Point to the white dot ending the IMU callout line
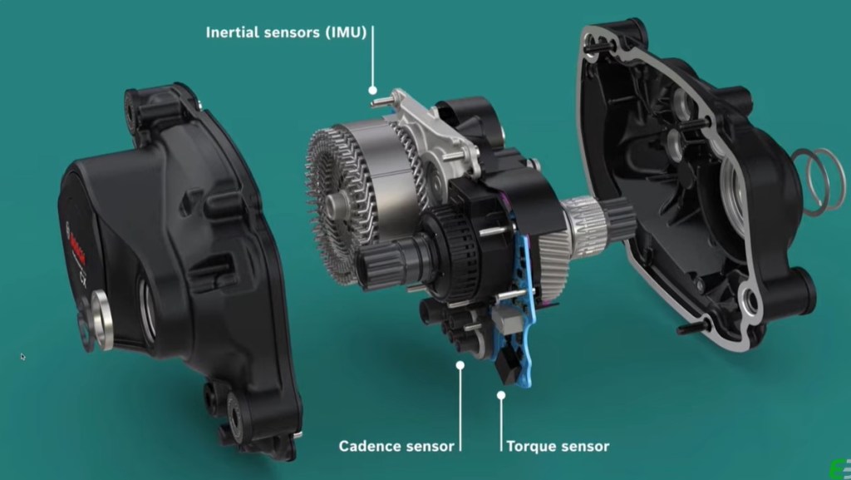tap(373, 90)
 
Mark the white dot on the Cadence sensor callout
tap(460, 364)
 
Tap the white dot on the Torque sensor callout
tap(500, 394)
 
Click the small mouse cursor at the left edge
tap(22, 356)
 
